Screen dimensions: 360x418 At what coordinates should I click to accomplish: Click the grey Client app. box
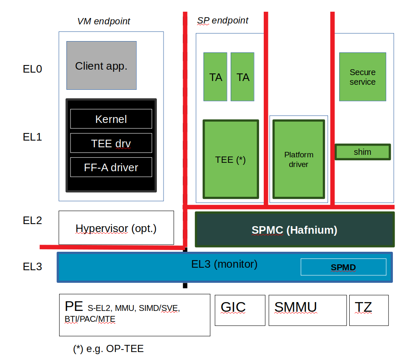coord(101,65)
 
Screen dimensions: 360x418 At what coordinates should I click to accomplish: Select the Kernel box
coord(111,119)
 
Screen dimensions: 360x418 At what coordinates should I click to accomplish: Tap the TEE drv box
coord(111,143)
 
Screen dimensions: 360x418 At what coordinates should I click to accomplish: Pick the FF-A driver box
coord(111,167)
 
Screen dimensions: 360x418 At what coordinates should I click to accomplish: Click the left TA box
coord(215,77)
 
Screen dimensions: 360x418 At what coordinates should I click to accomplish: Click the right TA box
coord(242,77)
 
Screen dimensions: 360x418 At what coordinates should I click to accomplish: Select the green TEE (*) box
coord(231,159)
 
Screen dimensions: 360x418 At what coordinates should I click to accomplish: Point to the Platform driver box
coord(299,159)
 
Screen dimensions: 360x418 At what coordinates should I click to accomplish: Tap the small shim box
coord(363,152)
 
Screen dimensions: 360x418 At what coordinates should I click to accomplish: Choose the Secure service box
coord(363,77)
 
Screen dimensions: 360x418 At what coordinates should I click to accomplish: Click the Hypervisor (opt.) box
coord(116,228)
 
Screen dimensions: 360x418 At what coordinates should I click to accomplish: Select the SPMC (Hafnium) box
coord(295,230)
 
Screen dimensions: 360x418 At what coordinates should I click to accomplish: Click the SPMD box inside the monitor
coord(343,267)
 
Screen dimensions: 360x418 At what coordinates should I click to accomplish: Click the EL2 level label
coord(32,220)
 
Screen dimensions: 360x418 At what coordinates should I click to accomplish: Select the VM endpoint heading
coord(104,21)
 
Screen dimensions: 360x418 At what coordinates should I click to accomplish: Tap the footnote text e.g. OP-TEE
coord(109,349)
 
